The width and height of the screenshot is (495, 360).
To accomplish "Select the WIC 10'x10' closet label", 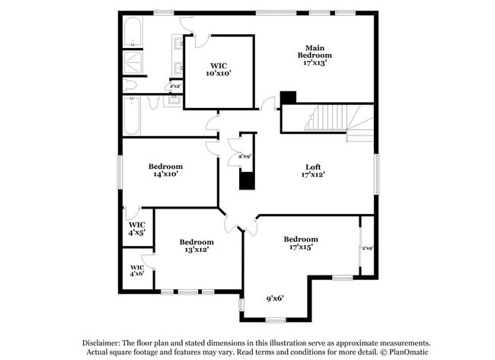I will click(x=218, y=69).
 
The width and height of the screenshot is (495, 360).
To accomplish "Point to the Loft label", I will click(x=313, y=167).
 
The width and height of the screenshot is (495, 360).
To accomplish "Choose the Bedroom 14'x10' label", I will click(x=165, y=170).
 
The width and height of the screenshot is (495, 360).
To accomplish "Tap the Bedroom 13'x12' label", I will click(x=196, y=245).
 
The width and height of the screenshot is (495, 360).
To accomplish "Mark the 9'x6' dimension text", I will click(x=275, y=298).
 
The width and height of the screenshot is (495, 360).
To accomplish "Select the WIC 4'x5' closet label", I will click(x=136, y=228).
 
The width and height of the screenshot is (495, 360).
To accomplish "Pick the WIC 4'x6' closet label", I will click(x=137, y=270).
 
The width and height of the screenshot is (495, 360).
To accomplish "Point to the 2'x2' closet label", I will click(x=175, y=86).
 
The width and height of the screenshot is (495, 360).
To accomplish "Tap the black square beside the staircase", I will click(x=287, y=98).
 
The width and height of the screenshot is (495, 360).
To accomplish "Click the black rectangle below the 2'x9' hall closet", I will click(x=245, y=180).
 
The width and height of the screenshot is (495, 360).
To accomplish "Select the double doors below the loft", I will click(x=241, y=223).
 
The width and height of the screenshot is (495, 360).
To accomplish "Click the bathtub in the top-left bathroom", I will click(x=132, y=35).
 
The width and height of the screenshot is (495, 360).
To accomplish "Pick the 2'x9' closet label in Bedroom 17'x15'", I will click(x=367, y=248).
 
